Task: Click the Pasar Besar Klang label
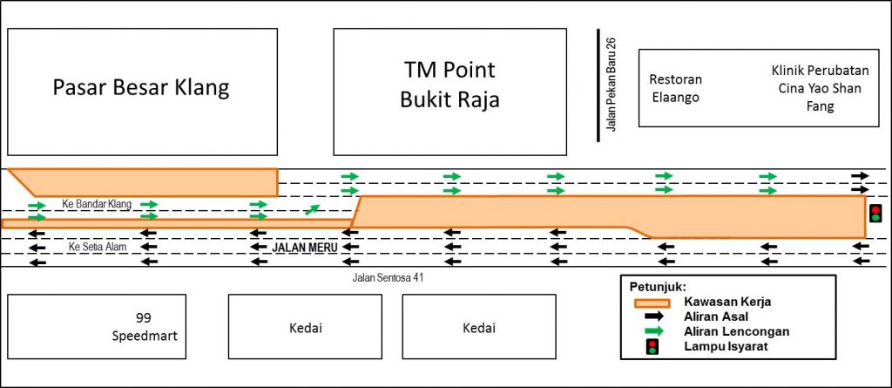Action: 141,89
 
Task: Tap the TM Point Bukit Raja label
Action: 449,85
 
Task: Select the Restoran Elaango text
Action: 676,88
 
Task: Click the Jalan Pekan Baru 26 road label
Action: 612,85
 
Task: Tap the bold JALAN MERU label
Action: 305,248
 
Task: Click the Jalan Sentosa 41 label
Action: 388,278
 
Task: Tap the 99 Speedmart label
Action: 145,326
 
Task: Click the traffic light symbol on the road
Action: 876,214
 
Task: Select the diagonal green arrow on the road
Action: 313,209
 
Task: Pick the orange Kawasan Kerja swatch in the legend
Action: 653,302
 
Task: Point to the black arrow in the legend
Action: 653,317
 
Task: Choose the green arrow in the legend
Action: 653,331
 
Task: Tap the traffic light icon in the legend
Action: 653,346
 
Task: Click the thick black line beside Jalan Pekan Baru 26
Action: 598,85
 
